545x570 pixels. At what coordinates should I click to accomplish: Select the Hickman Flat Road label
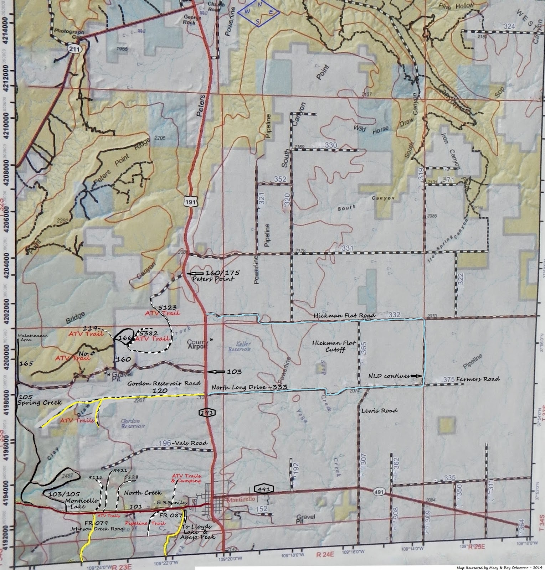[x=344, y=316]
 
